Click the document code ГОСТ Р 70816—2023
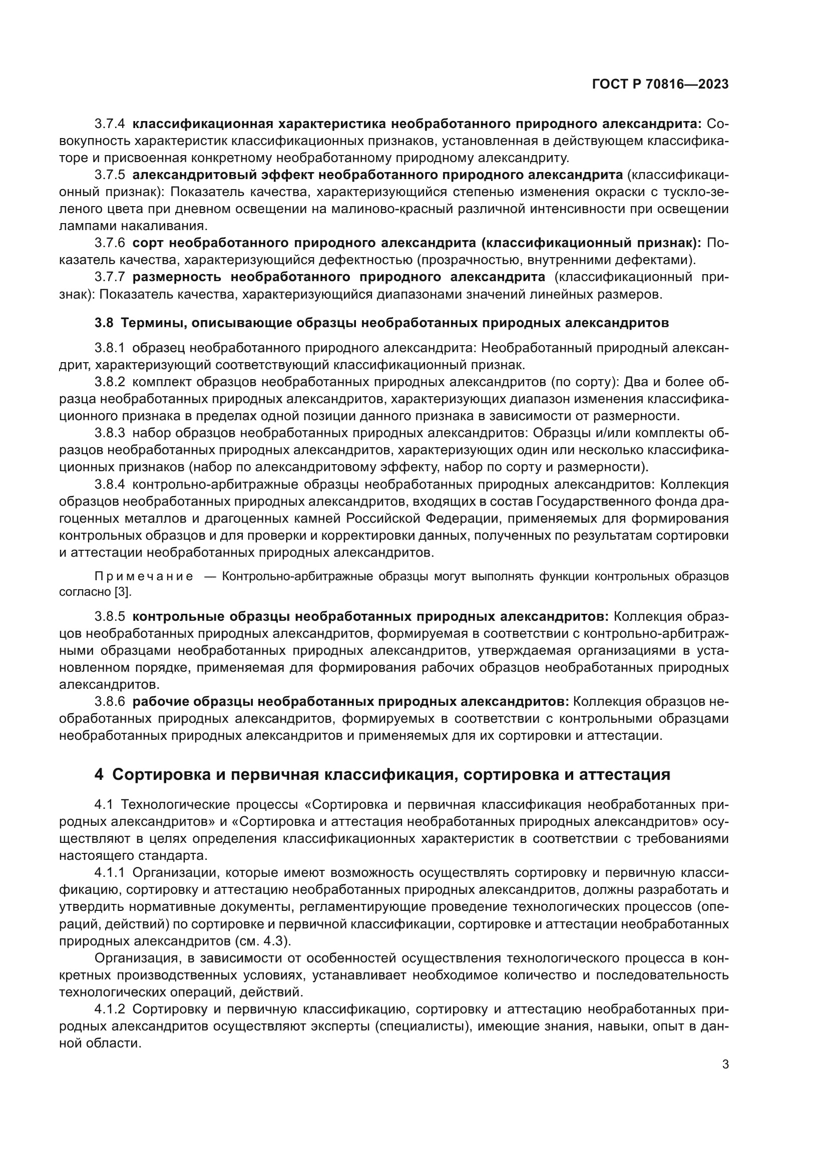[660, 85]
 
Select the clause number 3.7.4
[110, 124]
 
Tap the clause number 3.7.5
[110, 175]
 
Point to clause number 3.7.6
[110, 243]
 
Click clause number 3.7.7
[110, 277]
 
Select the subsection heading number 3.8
[104, 323]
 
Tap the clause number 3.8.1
[110, 348]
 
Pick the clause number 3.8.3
[110, 433]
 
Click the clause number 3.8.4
[110, 484]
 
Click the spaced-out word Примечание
[144, 576]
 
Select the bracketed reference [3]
[122, 592]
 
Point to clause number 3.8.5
[110, 617]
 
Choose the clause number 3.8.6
[110, 702]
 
